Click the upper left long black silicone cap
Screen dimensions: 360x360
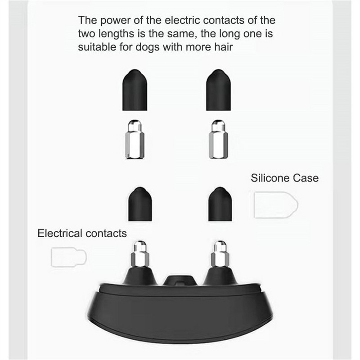pyautogui.click(x=135, y=90)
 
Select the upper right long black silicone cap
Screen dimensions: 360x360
pyautogui.click(x=218, y=90)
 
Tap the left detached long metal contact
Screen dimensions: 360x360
pyautogui.click(x=135, y=139)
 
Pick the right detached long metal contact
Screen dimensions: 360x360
pyautogui.click(x=218, y=139)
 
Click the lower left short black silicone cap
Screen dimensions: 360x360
pyautogui.click(x=140, y=204)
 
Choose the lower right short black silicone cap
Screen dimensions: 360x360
pyautogui.click(x=220, y=204)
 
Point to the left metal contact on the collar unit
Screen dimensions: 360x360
pyautogui.click(x=140, y=254)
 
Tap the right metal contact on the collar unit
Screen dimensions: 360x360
pyautogui.click(x=220, y=254)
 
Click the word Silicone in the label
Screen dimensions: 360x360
pyautogui.click(x=270, y=178)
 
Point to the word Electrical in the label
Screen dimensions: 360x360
pyautogui.click(x=60, y=233)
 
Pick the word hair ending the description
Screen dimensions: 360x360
pyautogui.click(x=224, y=47)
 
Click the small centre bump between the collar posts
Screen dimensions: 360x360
pyautogui.click(x=180, y=280)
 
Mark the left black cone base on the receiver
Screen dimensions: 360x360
pyautogui.click(x=140, y=276)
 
